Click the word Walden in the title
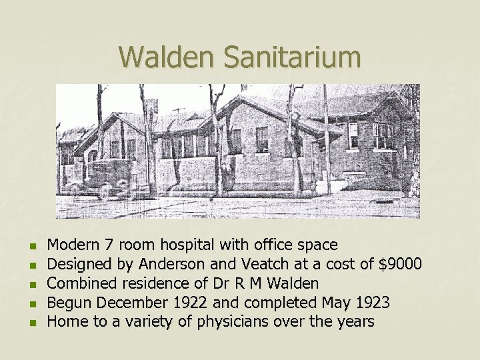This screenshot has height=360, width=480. [x=168, y=57]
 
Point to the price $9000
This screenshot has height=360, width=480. [x=399, y=265]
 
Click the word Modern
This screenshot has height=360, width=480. [x=71, y=245]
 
